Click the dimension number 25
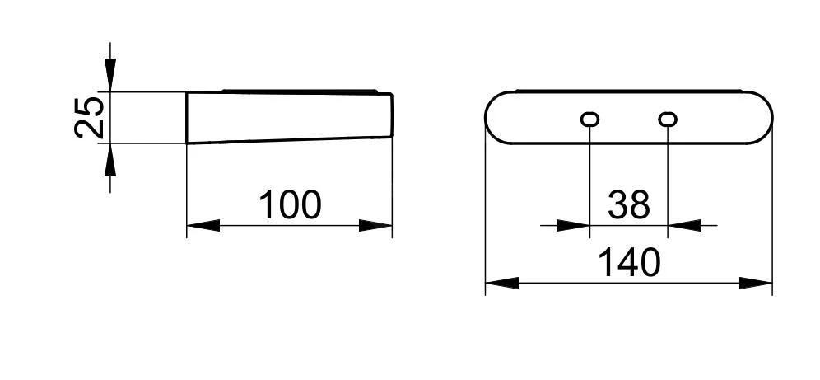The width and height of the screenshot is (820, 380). tap(90, 117)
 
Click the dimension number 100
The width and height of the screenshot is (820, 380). tap(290, 204)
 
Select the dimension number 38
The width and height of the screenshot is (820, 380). tap(629, 204)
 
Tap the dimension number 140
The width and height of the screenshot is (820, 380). tap(629, 263)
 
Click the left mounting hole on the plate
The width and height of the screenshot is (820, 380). tap(590, 120)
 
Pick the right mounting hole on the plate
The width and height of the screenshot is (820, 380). tap(668, 120)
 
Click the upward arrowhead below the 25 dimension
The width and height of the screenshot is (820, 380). tap(109, 160)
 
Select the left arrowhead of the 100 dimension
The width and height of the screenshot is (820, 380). tap(203, 226)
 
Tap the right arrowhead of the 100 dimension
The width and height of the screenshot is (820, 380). tap(375, 226)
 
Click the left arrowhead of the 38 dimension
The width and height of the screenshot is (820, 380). tap(573, 226)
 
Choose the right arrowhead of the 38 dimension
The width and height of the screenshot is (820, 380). tap(684, 226)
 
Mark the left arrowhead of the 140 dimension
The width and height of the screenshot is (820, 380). tap(502, 284)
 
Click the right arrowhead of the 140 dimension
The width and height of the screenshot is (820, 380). tap(756, 284)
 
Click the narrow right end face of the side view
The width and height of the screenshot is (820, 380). tap(392, 115)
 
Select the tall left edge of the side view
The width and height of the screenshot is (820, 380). tap(187, 117)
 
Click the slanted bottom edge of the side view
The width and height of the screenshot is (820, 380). tap(289, 140)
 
